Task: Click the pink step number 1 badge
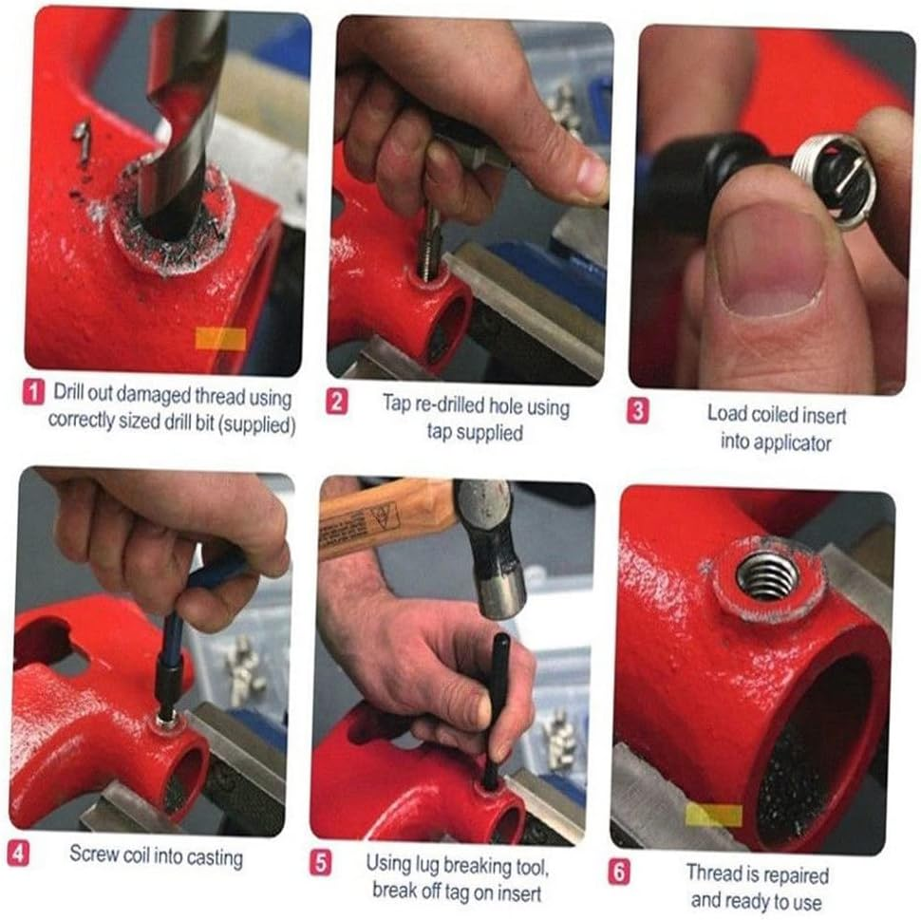[34, 392]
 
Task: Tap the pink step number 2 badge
[336, 403]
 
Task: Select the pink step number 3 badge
[638, 411]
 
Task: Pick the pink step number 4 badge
[18, 853]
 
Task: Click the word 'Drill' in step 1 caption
[68, 392]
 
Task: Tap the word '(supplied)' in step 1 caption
[256, 424]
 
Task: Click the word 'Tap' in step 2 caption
[397, 404]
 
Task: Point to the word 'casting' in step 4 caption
[216, 858]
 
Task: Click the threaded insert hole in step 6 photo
[768, 576]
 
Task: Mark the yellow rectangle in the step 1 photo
[220, 339]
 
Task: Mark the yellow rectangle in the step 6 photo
[714, 816]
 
